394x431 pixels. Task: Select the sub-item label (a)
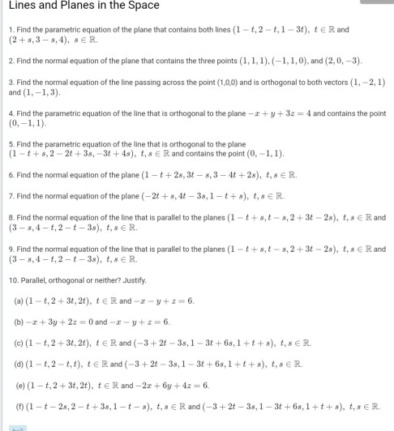(18, 299)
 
